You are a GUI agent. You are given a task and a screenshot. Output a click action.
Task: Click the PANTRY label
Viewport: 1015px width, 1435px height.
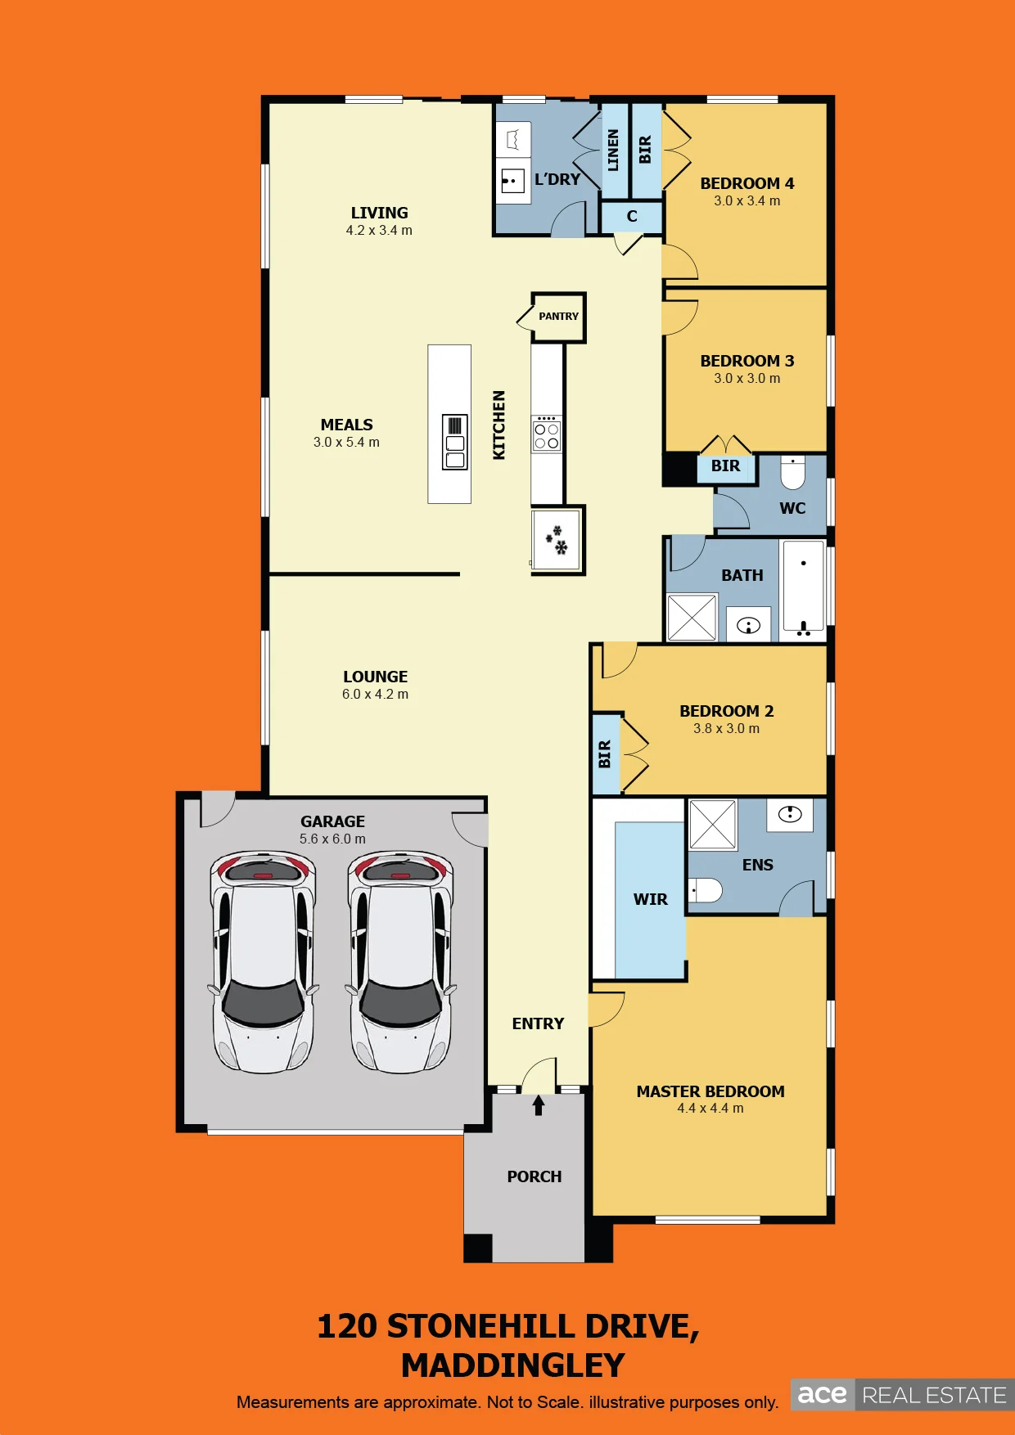pos(558,317)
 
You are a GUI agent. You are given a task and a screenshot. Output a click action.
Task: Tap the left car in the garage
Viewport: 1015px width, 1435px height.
pos(264,962)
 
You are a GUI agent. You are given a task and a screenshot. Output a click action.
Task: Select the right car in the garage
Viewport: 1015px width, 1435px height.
pos(401,962)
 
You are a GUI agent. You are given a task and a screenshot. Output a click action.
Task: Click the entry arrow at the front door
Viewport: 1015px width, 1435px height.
pos(539,1105)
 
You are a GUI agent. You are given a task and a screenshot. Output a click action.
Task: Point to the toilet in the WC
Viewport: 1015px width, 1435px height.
pos(792,472)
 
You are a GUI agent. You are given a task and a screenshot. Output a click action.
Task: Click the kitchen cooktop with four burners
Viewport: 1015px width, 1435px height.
pos(547,434)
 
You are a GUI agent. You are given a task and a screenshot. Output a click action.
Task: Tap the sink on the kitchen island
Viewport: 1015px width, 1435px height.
pos(455,442)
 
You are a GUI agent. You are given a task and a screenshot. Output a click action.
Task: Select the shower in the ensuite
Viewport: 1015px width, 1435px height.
pos(713,825)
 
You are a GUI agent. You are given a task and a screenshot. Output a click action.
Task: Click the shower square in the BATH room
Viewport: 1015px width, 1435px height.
pos(692,618)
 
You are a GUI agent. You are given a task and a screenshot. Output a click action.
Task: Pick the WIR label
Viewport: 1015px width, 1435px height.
pos(651,899)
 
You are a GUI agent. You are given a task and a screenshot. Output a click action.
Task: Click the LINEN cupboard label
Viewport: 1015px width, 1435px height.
pos(613,150)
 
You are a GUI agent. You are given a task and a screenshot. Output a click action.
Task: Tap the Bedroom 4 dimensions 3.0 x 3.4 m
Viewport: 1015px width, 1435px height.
pos(747,200)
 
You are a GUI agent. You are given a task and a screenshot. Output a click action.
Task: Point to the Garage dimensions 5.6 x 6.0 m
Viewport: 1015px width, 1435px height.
pos(332,839)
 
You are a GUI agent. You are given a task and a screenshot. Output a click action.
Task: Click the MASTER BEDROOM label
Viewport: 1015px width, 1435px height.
pos(710,1091)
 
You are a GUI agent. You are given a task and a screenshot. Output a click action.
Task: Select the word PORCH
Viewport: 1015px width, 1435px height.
pos(535,1176)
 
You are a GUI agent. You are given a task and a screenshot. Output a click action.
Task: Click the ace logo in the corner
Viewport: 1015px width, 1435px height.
pos(822,1394)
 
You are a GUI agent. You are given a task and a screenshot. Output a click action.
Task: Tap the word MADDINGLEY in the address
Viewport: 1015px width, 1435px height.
pos(513,1365)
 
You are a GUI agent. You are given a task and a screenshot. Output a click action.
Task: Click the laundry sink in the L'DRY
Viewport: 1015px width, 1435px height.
pos(512,180)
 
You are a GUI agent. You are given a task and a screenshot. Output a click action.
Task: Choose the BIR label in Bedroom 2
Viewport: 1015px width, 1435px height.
pos(605,753)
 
